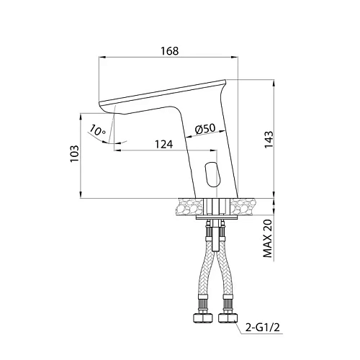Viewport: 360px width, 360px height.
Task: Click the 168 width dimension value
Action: click(x=170, y=51)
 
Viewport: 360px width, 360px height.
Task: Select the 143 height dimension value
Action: click(x=269, y=140)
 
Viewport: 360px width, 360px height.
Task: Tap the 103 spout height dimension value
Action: click(x=74, y=154)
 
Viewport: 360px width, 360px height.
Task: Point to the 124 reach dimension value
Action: click(x=163, y=145)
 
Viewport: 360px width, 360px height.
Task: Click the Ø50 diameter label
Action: click(x=205, y=129)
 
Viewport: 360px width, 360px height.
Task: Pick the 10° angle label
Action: click(x=97, y=130)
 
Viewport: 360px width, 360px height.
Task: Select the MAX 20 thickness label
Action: click(x=268, y=238)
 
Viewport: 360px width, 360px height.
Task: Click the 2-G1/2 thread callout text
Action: click(x=263, y=327)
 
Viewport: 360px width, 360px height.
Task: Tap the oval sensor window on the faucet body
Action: click(x=212, y=174)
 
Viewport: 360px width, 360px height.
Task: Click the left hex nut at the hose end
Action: click(x=203, y=318)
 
